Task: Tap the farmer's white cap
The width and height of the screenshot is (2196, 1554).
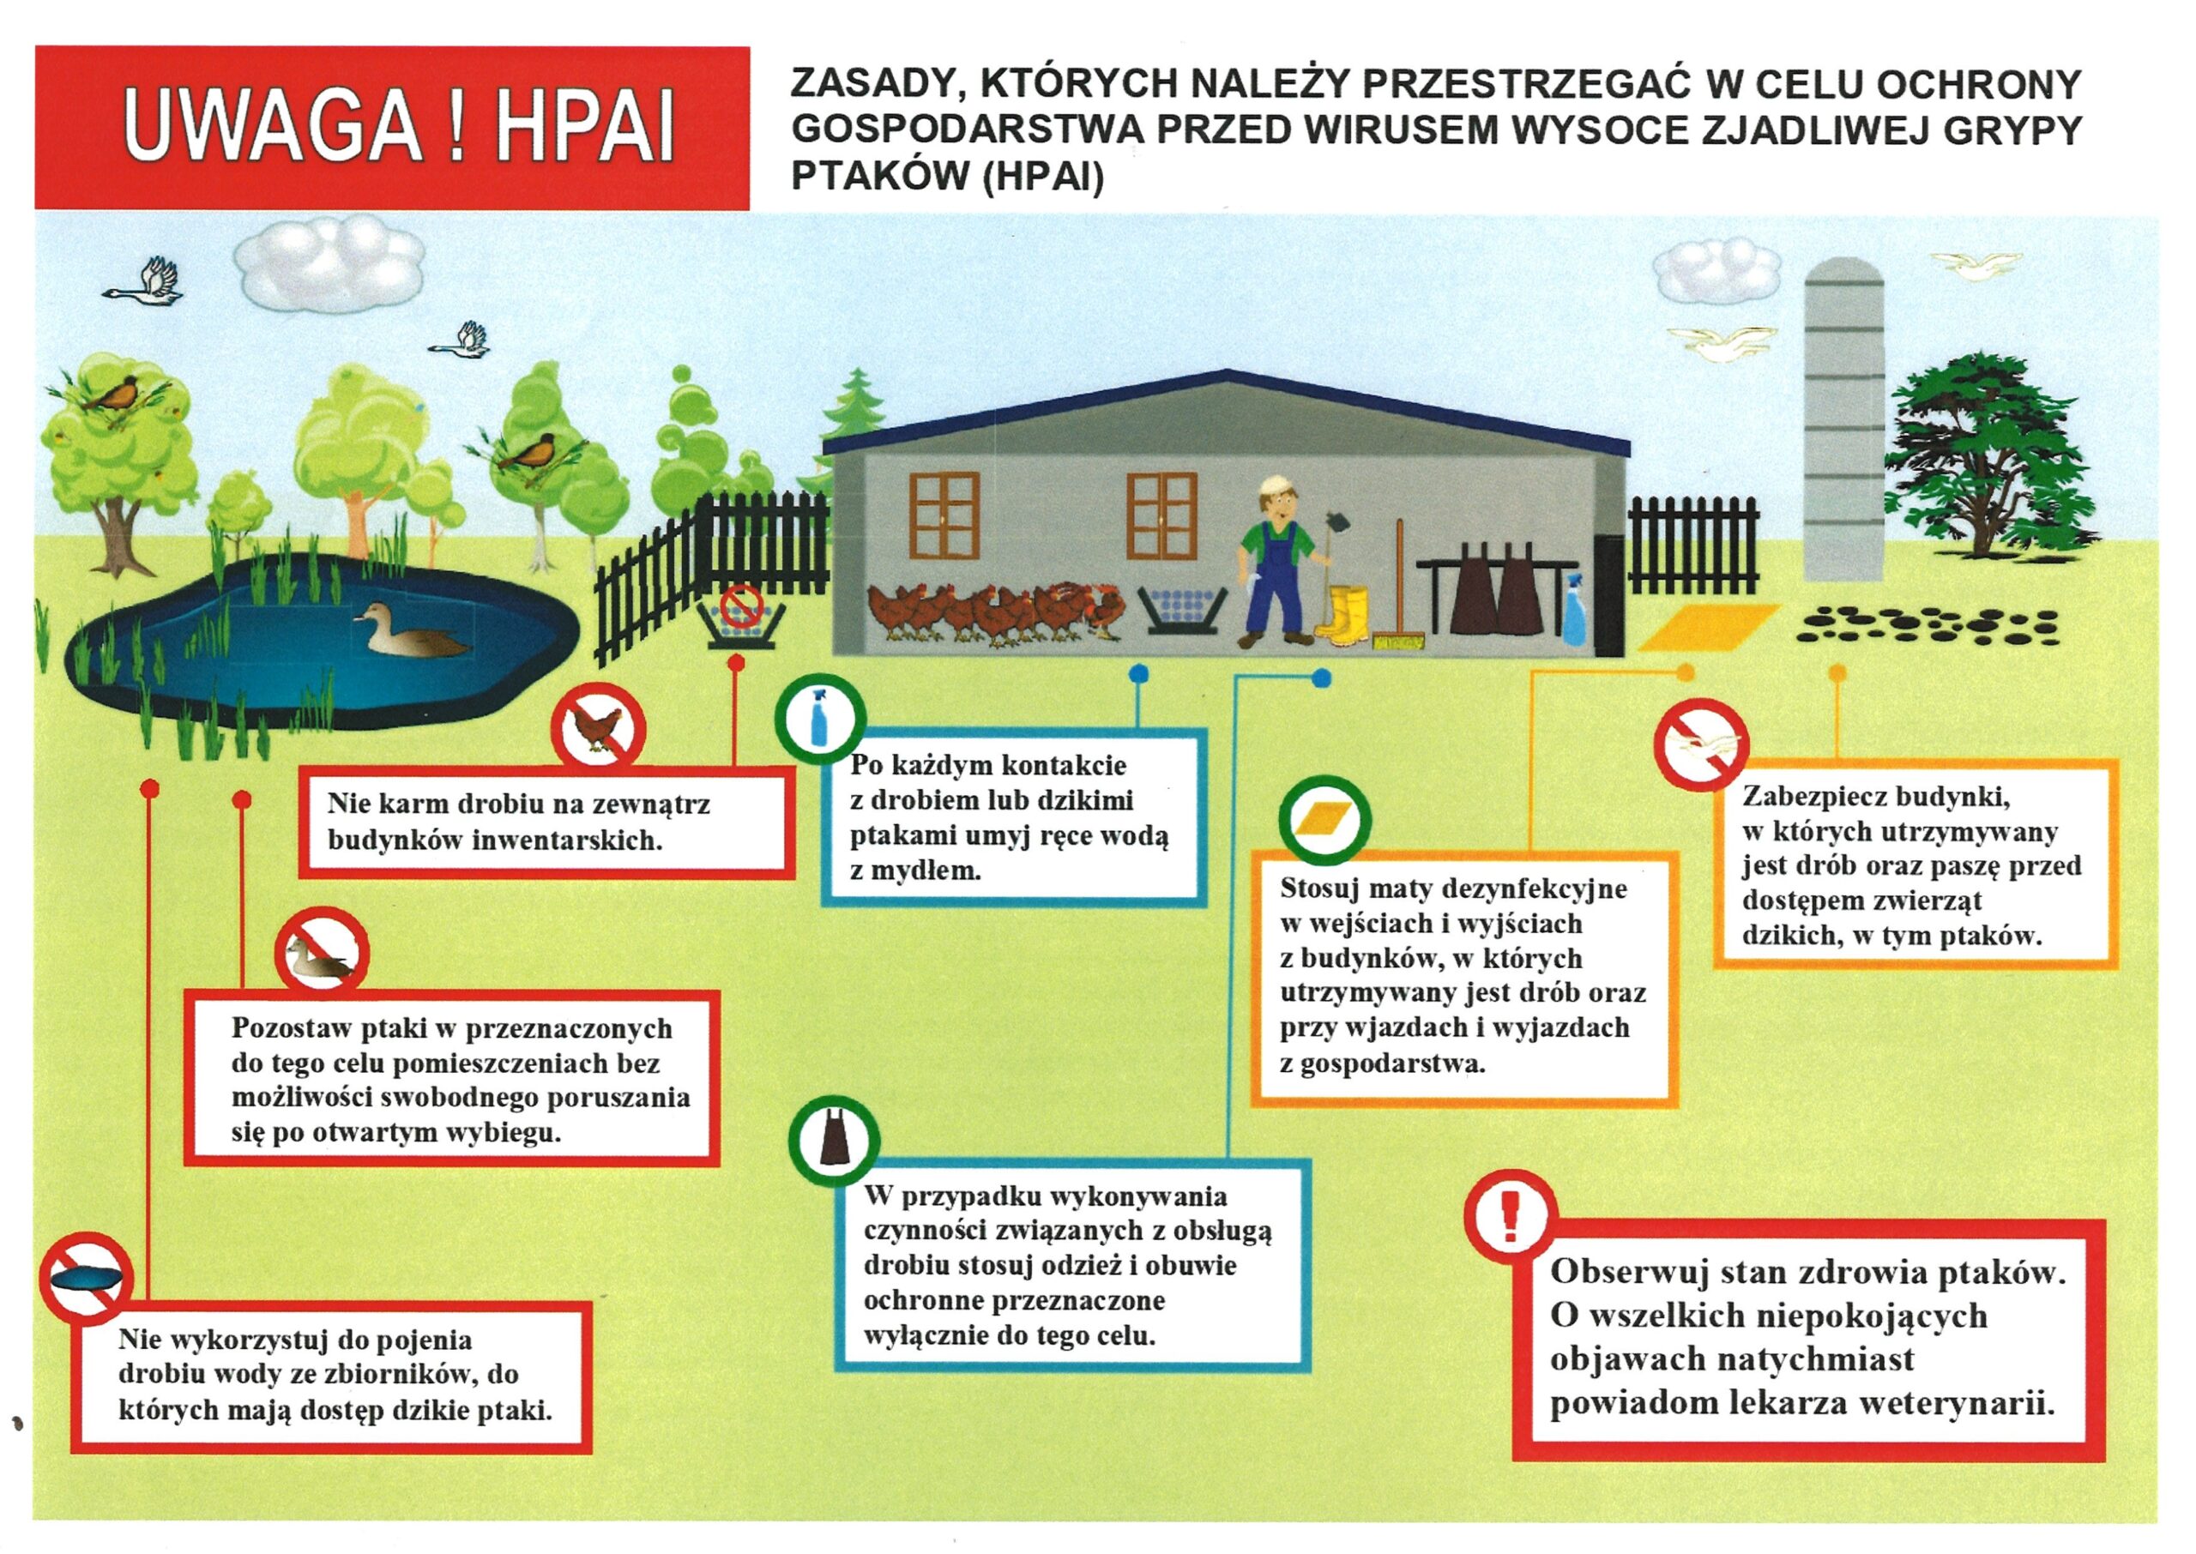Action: (1276, 487)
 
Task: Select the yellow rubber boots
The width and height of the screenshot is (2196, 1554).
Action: (1341, 614)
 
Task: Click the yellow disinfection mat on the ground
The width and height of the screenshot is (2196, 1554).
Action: (1709, 628)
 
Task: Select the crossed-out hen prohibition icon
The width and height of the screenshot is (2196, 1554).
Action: (599, 729)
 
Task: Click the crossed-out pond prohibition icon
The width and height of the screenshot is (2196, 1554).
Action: (86, 1279)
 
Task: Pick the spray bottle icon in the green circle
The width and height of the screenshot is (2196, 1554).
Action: (819, 720)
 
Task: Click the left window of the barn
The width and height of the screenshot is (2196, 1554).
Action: (944, 515)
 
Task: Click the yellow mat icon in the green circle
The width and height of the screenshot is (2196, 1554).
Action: (1324, 820)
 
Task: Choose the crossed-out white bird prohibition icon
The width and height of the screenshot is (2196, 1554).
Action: (1702, 744)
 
